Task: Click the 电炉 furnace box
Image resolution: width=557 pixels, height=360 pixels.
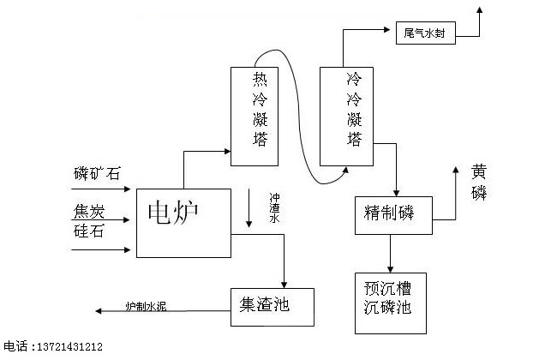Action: (183, 222)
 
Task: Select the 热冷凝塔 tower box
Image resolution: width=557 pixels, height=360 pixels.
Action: (259, 117)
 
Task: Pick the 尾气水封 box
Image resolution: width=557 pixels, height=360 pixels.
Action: (428, 34)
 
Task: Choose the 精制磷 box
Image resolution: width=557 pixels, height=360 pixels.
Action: (394, 214)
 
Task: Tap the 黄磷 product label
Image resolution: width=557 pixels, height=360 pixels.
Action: (478, 181)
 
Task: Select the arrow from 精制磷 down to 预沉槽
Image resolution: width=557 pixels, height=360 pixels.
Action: (392, 253)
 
